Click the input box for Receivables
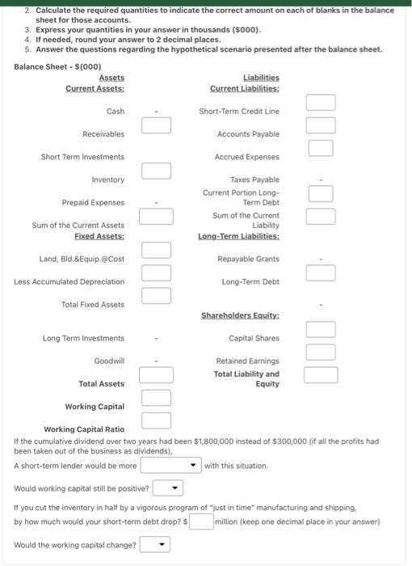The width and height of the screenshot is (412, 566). [x=157, y=125]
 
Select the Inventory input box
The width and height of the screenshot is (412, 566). [x=157, y=170]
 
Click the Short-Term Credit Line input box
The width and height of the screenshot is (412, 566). [x=320, y=102]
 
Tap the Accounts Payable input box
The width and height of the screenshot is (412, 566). [x=320, y=125]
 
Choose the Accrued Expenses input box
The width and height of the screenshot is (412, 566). [x=320, y=147]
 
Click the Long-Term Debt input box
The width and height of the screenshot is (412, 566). [x=320, y=273]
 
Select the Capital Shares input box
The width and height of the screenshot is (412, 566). [x=320, y=329]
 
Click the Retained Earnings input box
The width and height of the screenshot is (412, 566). [x=320, y=352]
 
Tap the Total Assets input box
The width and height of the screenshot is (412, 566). [x=157, y=374]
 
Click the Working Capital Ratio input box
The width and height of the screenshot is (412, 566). [x=157, y=420]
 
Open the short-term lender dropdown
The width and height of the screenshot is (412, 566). [x=170, y=466]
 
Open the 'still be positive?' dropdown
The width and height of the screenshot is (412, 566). [x=168, y=488]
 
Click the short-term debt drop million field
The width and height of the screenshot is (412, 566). [x=190, y=522]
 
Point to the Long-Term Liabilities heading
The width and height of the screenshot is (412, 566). [x=239, y=235]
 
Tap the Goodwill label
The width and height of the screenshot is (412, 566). [x=109, y=361]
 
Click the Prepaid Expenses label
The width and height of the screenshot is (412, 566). [x=93, y=202]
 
